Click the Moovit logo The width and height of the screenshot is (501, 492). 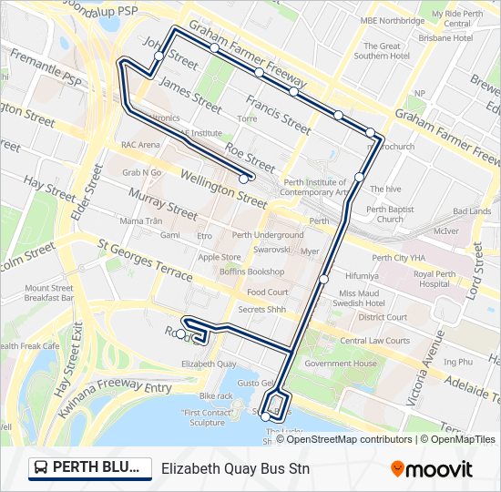pos(431,469)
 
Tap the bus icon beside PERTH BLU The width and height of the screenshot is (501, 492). pos(41,468)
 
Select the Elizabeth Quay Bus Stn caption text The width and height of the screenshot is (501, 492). pos(235,469)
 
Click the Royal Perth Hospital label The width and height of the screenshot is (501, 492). pos(435,279)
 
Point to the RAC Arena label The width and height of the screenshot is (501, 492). pos(140,144)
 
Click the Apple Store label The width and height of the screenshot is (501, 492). pos(219,257)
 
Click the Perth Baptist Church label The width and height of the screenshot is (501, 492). pos(390,214)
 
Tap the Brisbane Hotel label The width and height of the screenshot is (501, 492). pos(445,37)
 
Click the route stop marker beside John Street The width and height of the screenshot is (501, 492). pos(158,56)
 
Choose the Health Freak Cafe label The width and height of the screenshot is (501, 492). pos(29,346)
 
